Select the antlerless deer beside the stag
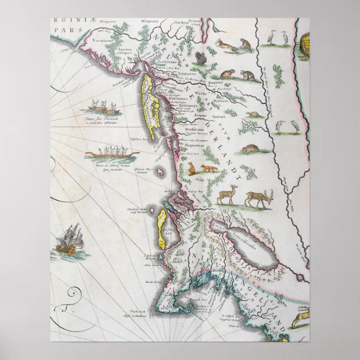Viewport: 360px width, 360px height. click(227, 196)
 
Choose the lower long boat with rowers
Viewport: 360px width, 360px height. click(107, 153)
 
